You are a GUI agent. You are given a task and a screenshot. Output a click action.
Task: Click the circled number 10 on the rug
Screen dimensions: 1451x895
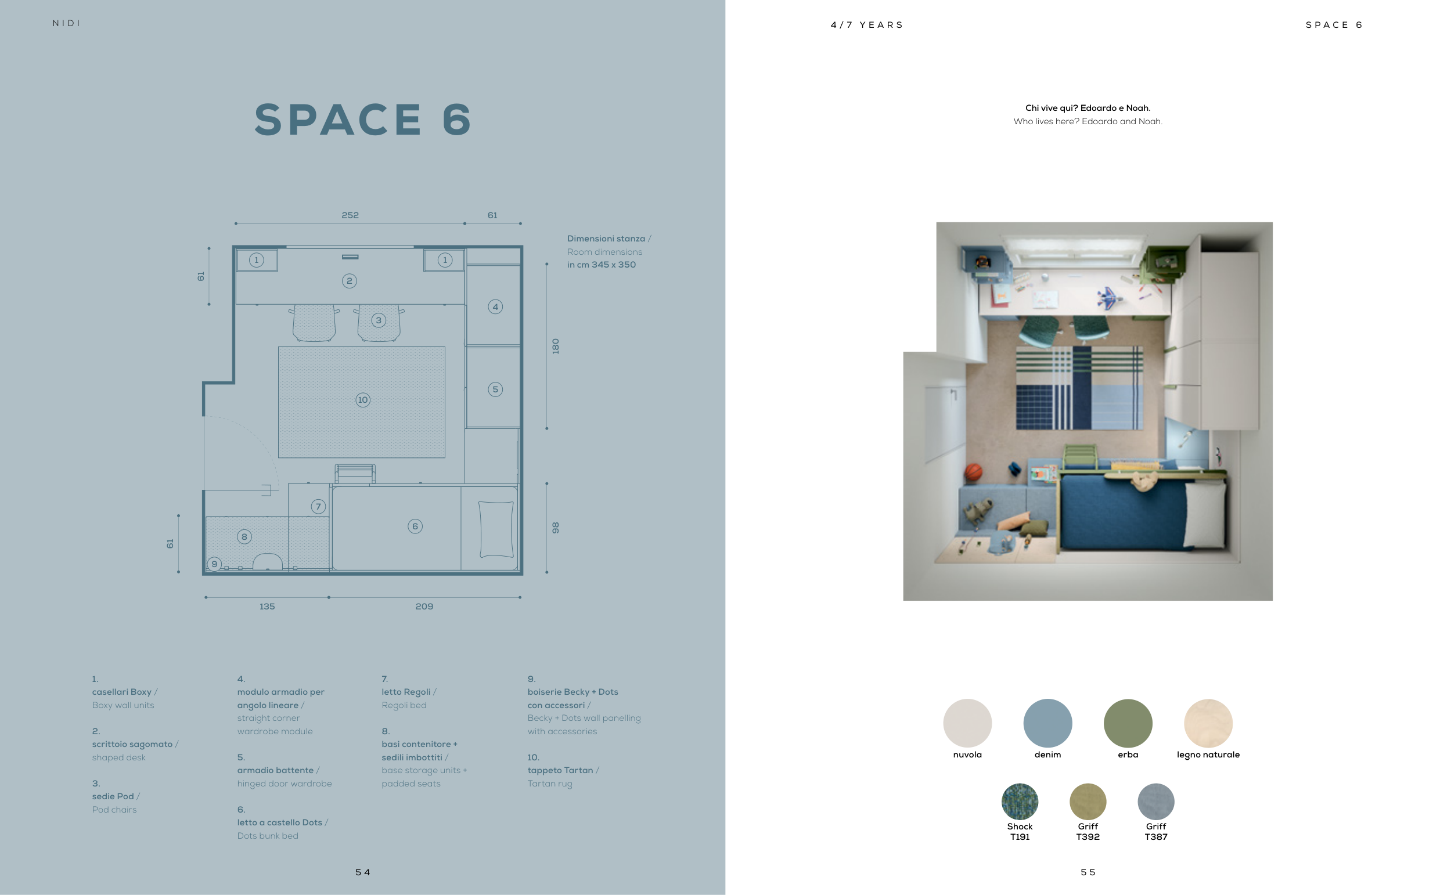click(363, 399)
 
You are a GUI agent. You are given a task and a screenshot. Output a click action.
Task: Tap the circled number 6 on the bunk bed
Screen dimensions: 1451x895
click(415, 526)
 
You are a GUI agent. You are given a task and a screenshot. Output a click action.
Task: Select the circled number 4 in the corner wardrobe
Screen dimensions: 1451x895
click(495, 306)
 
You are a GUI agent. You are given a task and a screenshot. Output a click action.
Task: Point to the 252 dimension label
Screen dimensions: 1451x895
click(350, 215)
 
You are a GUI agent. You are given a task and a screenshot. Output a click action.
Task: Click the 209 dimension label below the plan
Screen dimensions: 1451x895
click(424, 606)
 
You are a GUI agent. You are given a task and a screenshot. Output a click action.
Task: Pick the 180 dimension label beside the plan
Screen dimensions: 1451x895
click(555, 347)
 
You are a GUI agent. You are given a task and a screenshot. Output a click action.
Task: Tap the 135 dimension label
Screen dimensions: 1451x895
click(267, 606)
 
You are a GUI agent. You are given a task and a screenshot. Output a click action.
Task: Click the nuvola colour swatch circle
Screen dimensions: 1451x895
click(967, 723)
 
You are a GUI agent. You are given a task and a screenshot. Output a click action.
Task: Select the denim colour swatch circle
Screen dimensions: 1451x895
click(1047, 723)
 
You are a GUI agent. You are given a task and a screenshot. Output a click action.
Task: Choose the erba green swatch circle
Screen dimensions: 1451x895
click(1128, 723)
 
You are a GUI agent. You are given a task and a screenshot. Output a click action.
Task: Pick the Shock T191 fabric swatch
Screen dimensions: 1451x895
click(1020, 802)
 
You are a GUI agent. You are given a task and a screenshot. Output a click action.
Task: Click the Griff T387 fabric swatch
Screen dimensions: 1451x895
click(1155, 802)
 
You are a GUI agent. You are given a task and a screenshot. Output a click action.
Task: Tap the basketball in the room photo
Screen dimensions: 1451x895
click(974, 472)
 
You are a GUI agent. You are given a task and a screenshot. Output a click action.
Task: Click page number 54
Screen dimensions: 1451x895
click(362, 872)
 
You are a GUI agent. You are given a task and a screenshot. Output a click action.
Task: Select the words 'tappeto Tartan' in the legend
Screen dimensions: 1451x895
click(560, 770)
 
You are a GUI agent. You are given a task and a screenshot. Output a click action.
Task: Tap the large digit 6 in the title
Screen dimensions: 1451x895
click(457, 120)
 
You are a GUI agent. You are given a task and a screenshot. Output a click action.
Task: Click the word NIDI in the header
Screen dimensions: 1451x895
click(66, 23)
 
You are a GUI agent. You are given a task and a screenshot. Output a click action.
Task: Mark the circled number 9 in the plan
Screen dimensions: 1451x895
click(214, 564)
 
